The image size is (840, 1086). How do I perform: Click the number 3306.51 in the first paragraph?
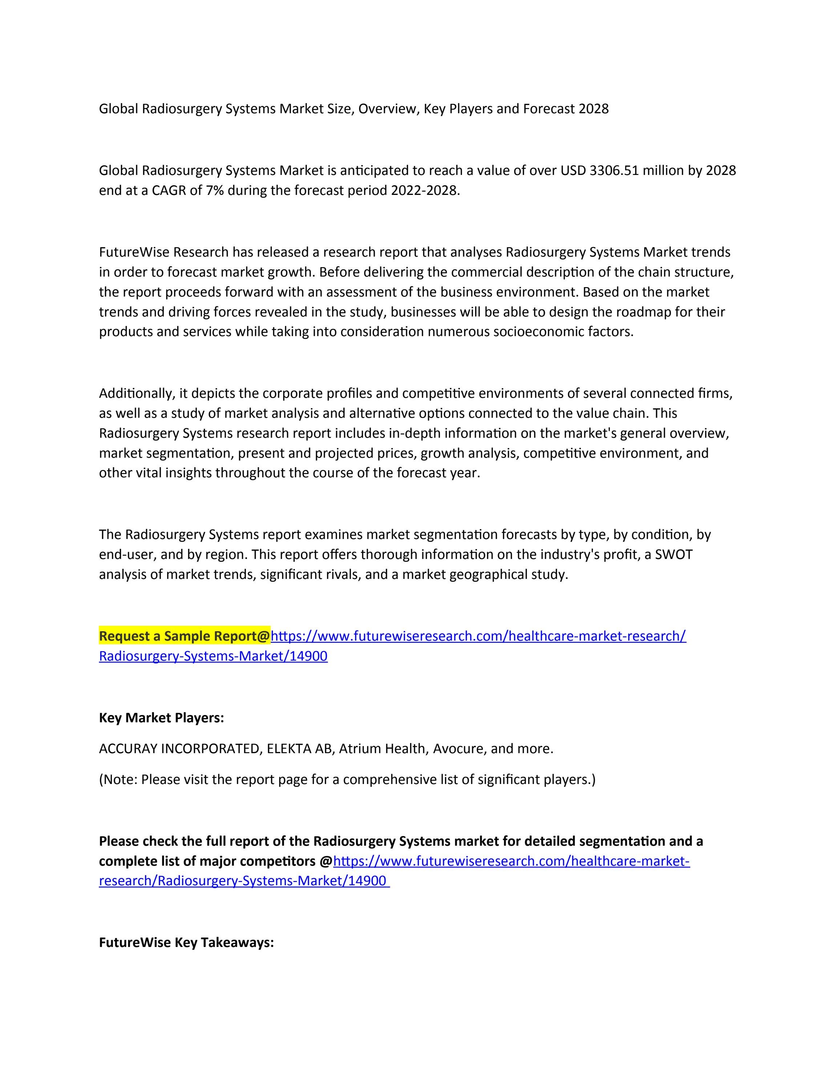tap(614, 171)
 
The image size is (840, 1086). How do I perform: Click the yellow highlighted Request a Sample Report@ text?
tap(185, 636)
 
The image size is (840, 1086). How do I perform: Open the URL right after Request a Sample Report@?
tap(478, 636)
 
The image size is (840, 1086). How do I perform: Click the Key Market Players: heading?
tap(161, 718)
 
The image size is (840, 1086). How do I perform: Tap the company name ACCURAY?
tap(128, 748)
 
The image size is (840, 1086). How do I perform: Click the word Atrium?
tap(357, 748)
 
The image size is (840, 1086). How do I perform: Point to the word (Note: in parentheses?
tap(118, 779)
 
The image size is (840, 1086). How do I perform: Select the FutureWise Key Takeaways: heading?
tap(186, 942)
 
